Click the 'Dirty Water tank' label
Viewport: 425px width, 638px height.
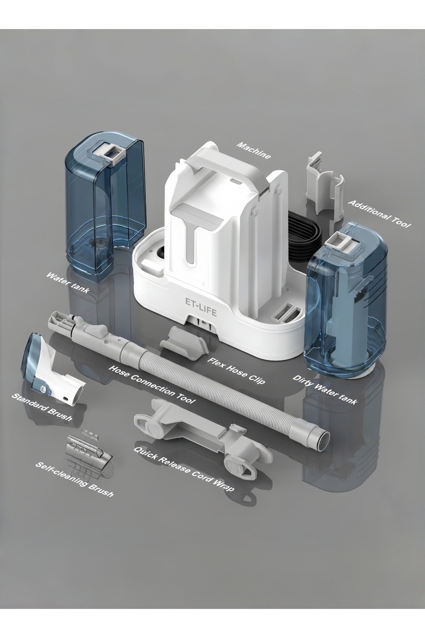pyautogui.click(x=325, y=389)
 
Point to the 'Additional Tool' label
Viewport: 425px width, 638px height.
pyautogui.click(x=379, y=214)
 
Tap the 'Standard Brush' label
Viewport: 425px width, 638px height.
pyautogui.click(x=42, y=407)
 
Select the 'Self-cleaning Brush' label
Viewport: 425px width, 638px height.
pyautogui.click(x=74, y=478)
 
